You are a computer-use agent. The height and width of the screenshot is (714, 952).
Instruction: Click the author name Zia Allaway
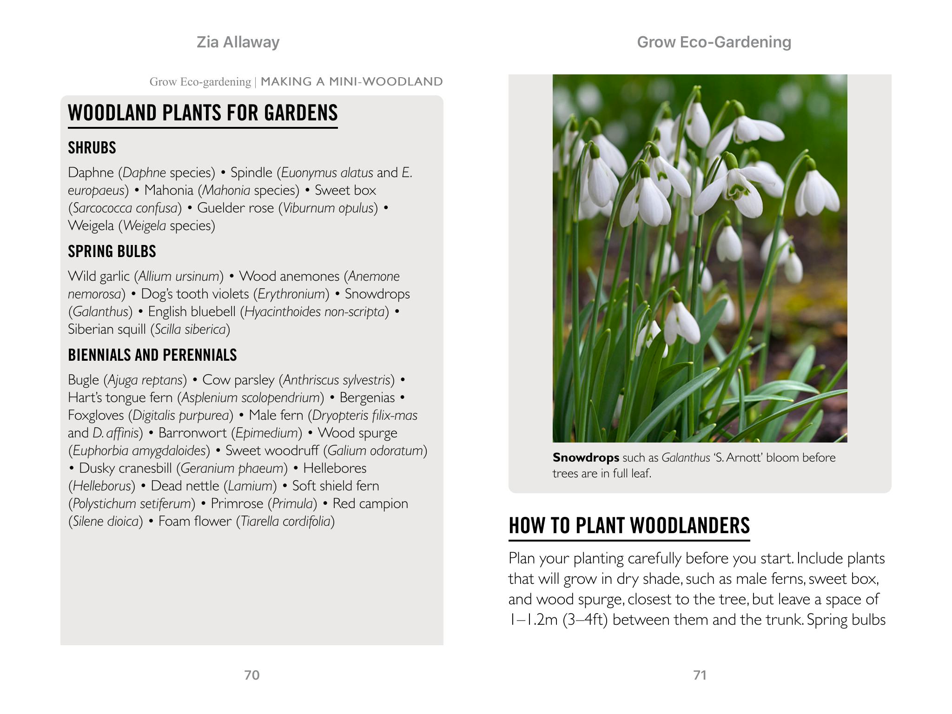click(238, 42)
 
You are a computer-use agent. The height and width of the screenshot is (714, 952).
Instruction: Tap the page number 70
click(251, 675)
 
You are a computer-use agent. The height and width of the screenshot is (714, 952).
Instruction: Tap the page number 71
click(700, 675)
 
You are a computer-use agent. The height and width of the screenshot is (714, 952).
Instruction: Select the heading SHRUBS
click(92, 148)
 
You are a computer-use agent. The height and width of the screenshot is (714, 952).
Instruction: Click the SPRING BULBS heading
click(112, 251)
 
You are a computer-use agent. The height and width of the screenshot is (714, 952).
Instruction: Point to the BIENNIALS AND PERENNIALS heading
click(152, 355)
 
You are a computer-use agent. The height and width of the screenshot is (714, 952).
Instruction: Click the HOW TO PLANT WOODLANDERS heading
click(629, 526)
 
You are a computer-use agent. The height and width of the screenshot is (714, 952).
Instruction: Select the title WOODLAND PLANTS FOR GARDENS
click(203, 113)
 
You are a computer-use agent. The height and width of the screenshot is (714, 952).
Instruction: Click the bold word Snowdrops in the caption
click(586, 458)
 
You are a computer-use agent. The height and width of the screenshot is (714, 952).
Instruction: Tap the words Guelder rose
click(235, 208)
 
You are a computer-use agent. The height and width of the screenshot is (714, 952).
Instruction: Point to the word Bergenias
click(367, 398)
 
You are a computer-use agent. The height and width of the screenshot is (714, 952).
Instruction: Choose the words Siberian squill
click(107, 330)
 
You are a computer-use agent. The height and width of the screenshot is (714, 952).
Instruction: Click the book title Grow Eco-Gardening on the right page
click(714, 42)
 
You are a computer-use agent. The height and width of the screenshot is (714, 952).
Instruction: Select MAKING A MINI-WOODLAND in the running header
click(351, 82)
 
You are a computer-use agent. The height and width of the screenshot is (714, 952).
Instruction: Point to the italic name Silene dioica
click(106, 522)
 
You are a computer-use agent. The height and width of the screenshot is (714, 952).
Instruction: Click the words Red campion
click(370, 504)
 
